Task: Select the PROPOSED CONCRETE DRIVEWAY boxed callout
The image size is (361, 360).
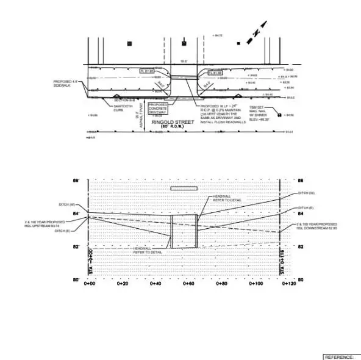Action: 157,108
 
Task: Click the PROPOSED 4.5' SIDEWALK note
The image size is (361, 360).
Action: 66,84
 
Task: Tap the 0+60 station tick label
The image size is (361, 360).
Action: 189,283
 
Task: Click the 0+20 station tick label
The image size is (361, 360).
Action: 123,283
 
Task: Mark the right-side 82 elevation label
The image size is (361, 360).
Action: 300,247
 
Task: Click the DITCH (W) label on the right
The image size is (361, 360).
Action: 306,193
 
